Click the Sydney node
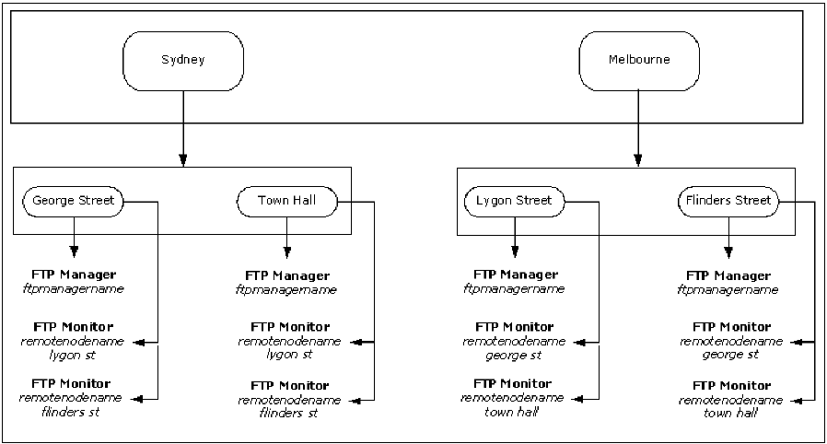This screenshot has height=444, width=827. click(x=183, y=60)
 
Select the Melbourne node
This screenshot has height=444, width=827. click(x=638, y=60)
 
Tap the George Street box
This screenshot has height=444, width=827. click(x=73, y=200)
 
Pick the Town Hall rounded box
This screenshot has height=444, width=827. click(x=286, y=200)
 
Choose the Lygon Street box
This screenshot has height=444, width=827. click(x=514, y=200)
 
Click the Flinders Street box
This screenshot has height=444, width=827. click(x=728, y=200)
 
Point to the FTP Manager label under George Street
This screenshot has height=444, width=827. click(x=74, y=275)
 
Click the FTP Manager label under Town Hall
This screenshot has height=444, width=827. click(x=287, y=275)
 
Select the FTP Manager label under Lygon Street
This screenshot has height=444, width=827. click(x=515, y=275)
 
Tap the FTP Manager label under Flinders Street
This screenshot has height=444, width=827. click(x=728, y=275)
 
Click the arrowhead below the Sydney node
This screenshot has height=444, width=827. click(x=183, y=161)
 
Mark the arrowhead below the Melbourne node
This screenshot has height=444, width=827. click(x=638, y=161)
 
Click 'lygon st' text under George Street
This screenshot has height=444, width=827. click(x=73, y=355)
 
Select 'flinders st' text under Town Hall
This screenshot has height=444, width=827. click(x=289, y=414)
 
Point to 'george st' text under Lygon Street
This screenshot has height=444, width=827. click(x=515, y=355)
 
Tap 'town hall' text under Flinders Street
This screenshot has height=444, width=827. click(x=730, y=414)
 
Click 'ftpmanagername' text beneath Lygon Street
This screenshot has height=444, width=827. click(x=515, y=289)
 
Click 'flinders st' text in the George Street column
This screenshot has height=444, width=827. click(x=73, y=412)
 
